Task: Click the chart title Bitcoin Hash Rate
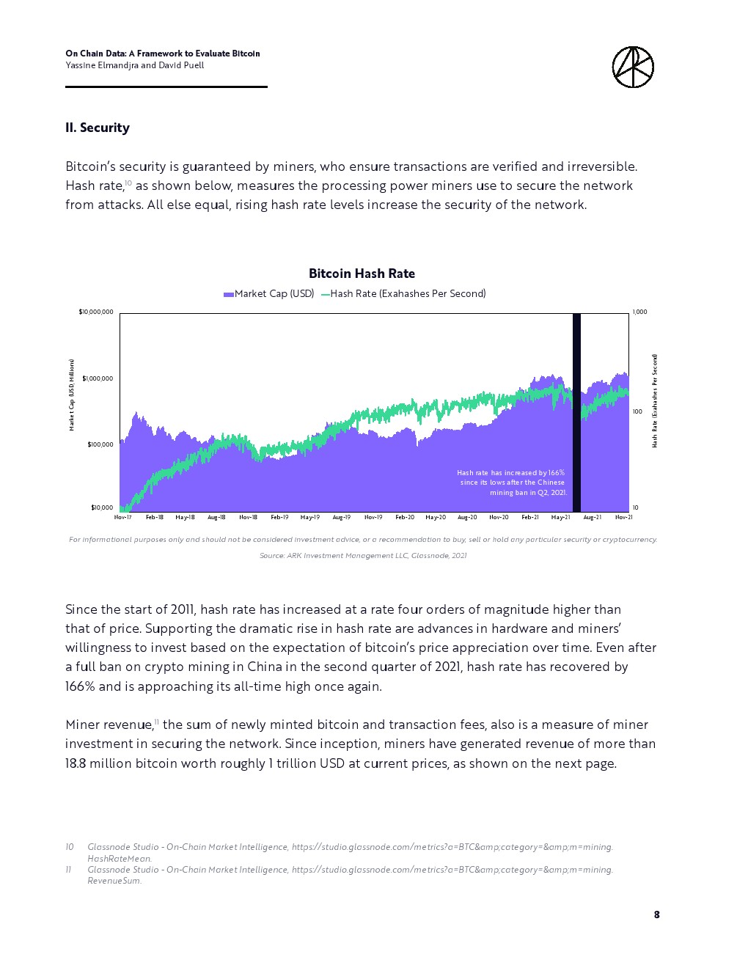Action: coord(362,274)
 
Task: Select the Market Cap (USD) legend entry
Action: coord(269,294)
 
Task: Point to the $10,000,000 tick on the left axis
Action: coord(96,312)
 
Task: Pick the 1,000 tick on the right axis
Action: coord(639,312)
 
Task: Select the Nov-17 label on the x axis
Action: coord(123,518)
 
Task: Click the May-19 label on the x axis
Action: coord(310,518)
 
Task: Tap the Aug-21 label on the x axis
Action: coord(592,518)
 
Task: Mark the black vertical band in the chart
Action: coord(576,411)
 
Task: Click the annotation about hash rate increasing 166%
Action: coord(512,483)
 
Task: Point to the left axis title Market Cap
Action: coord(72,395)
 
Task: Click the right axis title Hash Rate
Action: coord(655,400)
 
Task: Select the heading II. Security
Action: coord(98,128)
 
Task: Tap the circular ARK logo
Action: coord(633,67)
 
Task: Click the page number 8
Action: coord(656,914)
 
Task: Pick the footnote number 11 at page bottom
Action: coord(68,870)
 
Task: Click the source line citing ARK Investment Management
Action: coord(363,556)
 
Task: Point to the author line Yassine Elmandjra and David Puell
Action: coord(135,65)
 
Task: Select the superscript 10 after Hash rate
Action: coord(128,183)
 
